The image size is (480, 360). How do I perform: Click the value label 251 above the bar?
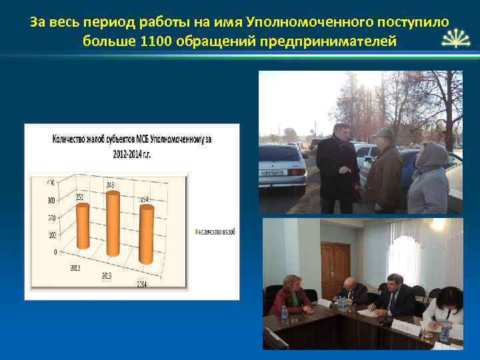pos(79,197)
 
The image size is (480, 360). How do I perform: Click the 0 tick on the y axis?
pos(54,252)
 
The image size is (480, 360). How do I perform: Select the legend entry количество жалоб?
pos(216,231)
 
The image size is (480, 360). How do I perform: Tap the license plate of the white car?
pos(271,173)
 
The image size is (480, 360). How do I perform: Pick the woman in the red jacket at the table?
pos(289,297)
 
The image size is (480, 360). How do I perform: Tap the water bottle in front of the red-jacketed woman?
pos(285,315)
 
